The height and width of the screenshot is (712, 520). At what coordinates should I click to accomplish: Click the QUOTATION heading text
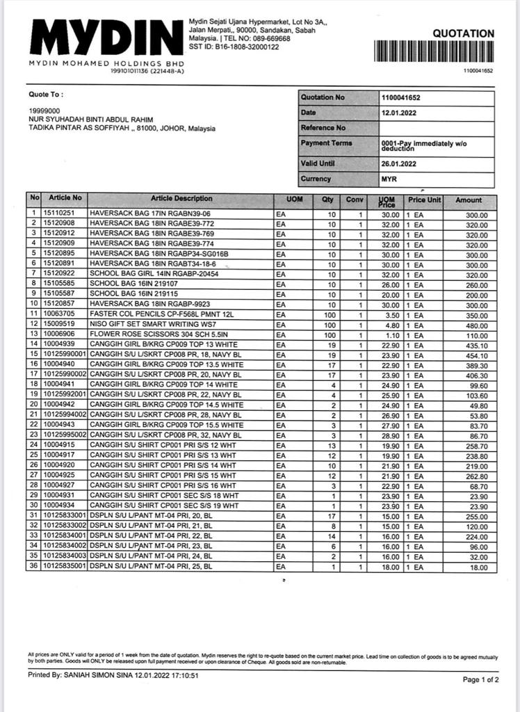coord(463,33)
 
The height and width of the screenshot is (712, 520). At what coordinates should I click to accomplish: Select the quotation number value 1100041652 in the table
coord(402,97)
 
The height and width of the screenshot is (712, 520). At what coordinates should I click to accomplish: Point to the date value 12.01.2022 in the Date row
coord(398,113)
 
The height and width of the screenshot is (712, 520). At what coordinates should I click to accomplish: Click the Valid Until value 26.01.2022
coord(398,163)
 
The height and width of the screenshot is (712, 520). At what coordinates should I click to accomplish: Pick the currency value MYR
coord(389,179)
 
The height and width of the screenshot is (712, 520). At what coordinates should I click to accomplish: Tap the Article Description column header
coord(181,199)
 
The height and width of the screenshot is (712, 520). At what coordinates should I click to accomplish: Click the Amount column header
coord(468,200)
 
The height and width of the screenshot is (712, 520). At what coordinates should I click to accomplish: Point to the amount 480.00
coord(477,325)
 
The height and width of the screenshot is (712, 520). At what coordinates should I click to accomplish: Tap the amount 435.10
coord(477,345)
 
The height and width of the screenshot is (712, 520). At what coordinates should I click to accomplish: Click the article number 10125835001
coord(65,567)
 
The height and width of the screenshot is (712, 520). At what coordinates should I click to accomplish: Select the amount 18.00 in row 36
coord(479,567)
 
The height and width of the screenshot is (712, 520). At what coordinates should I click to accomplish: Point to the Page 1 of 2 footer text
coord(480,679)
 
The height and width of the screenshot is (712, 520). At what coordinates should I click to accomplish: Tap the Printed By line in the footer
coord(113,675)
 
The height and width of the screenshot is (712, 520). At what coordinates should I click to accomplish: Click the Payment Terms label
coord(326,143)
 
